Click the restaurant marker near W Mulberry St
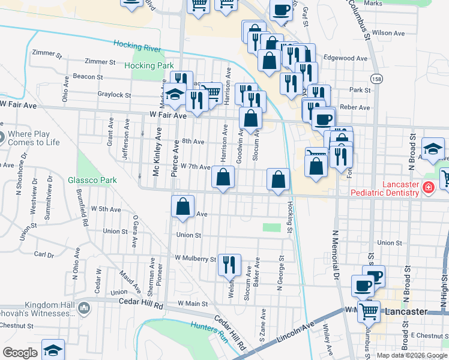point(229,264)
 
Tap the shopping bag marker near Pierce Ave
point(183,206)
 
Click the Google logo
point(20,353)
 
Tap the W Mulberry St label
point(195,259)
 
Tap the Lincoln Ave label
point(296,333)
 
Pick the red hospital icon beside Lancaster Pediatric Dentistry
point(429,187)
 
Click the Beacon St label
point(88,77)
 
